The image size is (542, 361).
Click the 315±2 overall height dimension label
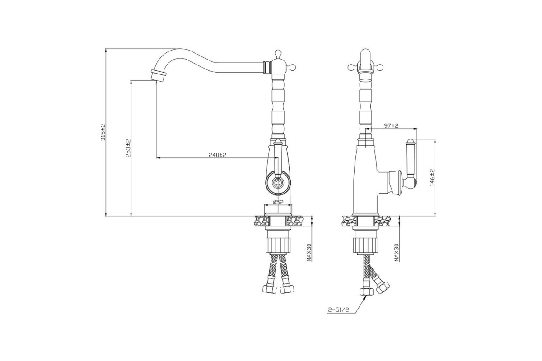[x=103, y=132]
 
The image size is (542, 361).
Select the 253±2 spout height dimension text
[x=128, y=148]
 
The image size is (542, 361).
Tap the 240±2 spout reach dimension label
[x=217, y=155]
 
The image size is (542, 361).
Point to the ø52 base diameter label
[x=278, y=202]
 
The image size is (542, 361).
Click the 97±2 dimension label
[x=391, y=126]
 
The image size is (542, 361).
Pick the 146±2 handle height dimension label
[x=432, y=177]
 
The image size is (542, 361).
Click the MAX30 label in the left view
[x=309, y=252]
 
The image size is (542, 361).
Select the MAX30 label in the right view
[x=397, y=252]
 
